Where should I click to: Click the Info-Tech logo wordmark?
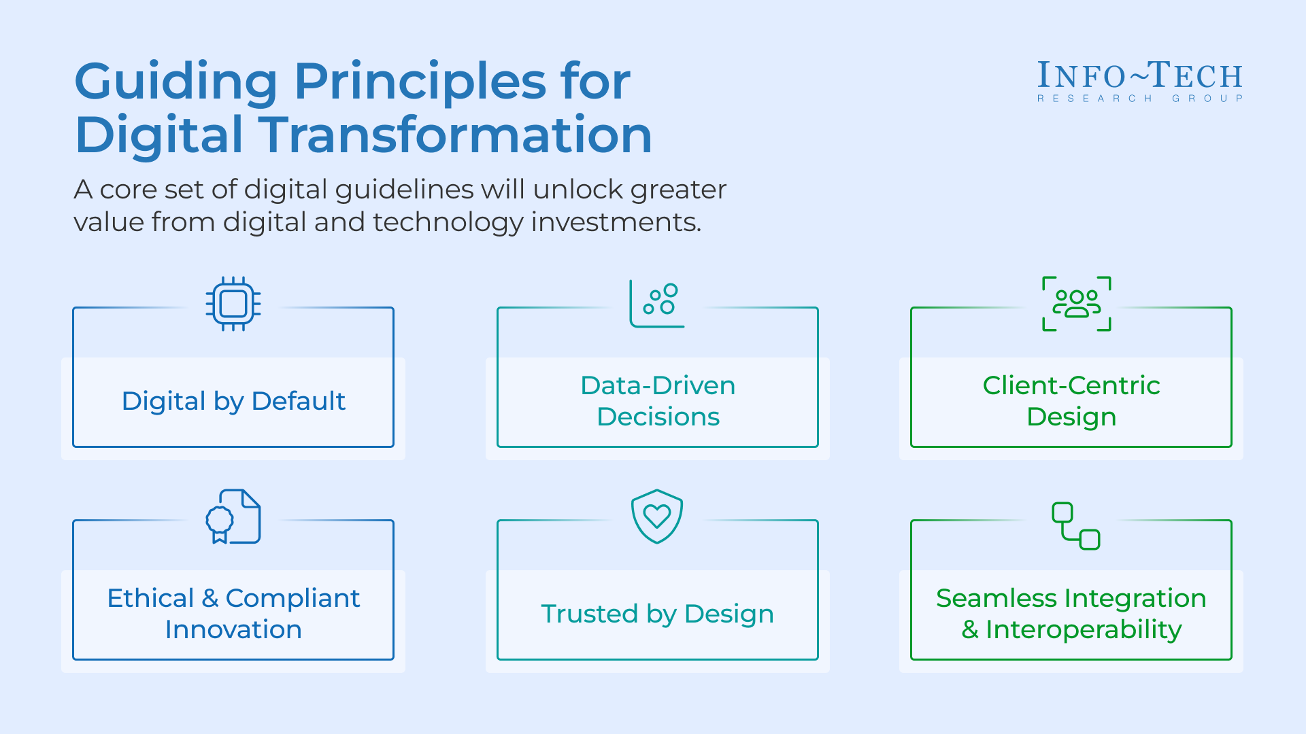click(1139, 75)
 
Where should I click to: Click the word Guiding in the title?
click(175, 82)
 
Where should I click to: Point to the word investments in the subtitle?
click(615, 222)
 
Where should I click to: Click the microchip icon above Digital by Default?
click(233, 304)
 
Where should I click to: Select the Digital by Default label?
click(233, 401)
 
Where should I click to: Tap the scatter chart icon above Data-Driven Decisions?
click(657, 303)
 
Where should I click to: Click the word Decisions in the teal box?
click(658, 417)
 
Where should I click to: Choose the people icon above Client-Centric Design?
click(1076, 303)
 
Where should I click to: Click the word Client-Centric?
click(1071, 385)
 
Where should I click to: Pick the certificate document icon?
click(233, 517)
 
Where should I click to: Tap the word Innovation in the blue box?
click(233, 629)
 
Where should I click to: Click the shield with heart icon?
click(657, 516)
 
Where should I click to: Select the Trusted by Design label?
click(657, 614)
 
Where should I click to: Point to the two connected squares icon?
click(1076, 525)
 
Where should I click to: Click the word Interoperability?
click(1084, 629)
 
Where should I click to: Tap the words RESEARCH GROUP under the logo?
click(1139, 99)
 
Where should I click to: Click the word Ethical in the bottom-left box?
click(150, 598)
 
